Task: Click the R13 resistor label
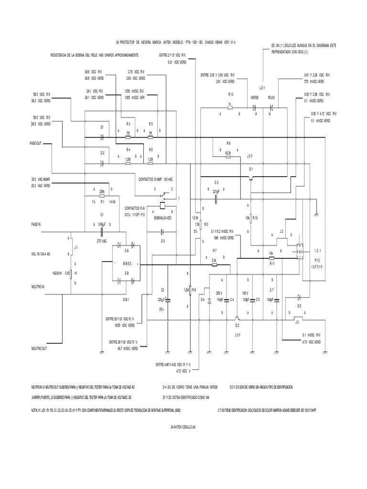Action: click(231, 94)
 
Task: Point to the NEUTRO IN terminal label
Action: click(38, 287)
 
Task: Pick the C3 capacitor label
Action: click(216, 182)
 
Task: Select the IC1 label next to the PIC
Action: click(318, 250)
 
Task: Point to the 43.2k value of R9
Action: click(228, 152)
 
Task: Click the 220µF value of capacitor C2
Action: click(161, 300)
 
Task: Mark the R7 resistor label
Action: click(215, 250)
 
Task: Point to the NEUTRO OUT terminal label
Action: click(40, 348)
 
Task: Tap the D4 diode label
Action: click(203, 299)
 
